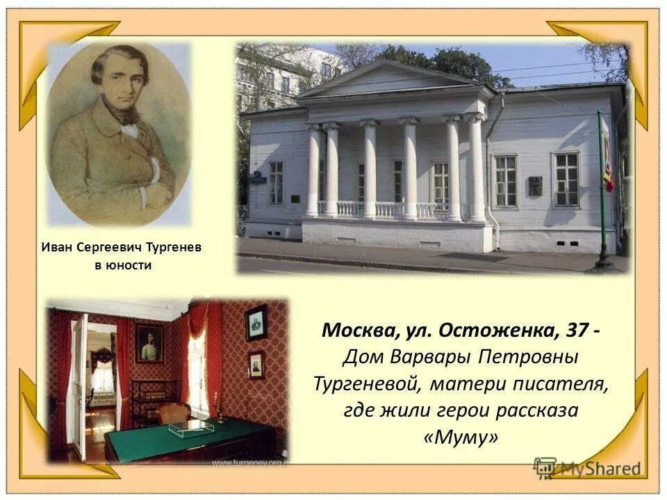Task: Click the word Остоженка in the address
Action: pos(497,331)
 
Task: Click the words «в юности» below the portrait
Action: pos(122,265)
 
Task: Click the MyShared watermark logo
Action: pos(588,467)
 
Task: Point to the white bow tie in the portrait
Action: pos(129,129)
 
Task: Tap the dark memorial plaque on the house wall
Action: pos(535,185)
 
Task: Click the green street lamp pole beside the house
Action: pos(601,187)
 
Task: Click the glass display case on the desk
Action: pos(190,427)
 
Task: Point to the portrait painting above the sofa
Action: pos(149,343)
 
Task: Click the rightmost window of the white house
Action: pos(566,179)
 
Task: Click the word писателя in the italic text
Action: pos(557,384)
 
